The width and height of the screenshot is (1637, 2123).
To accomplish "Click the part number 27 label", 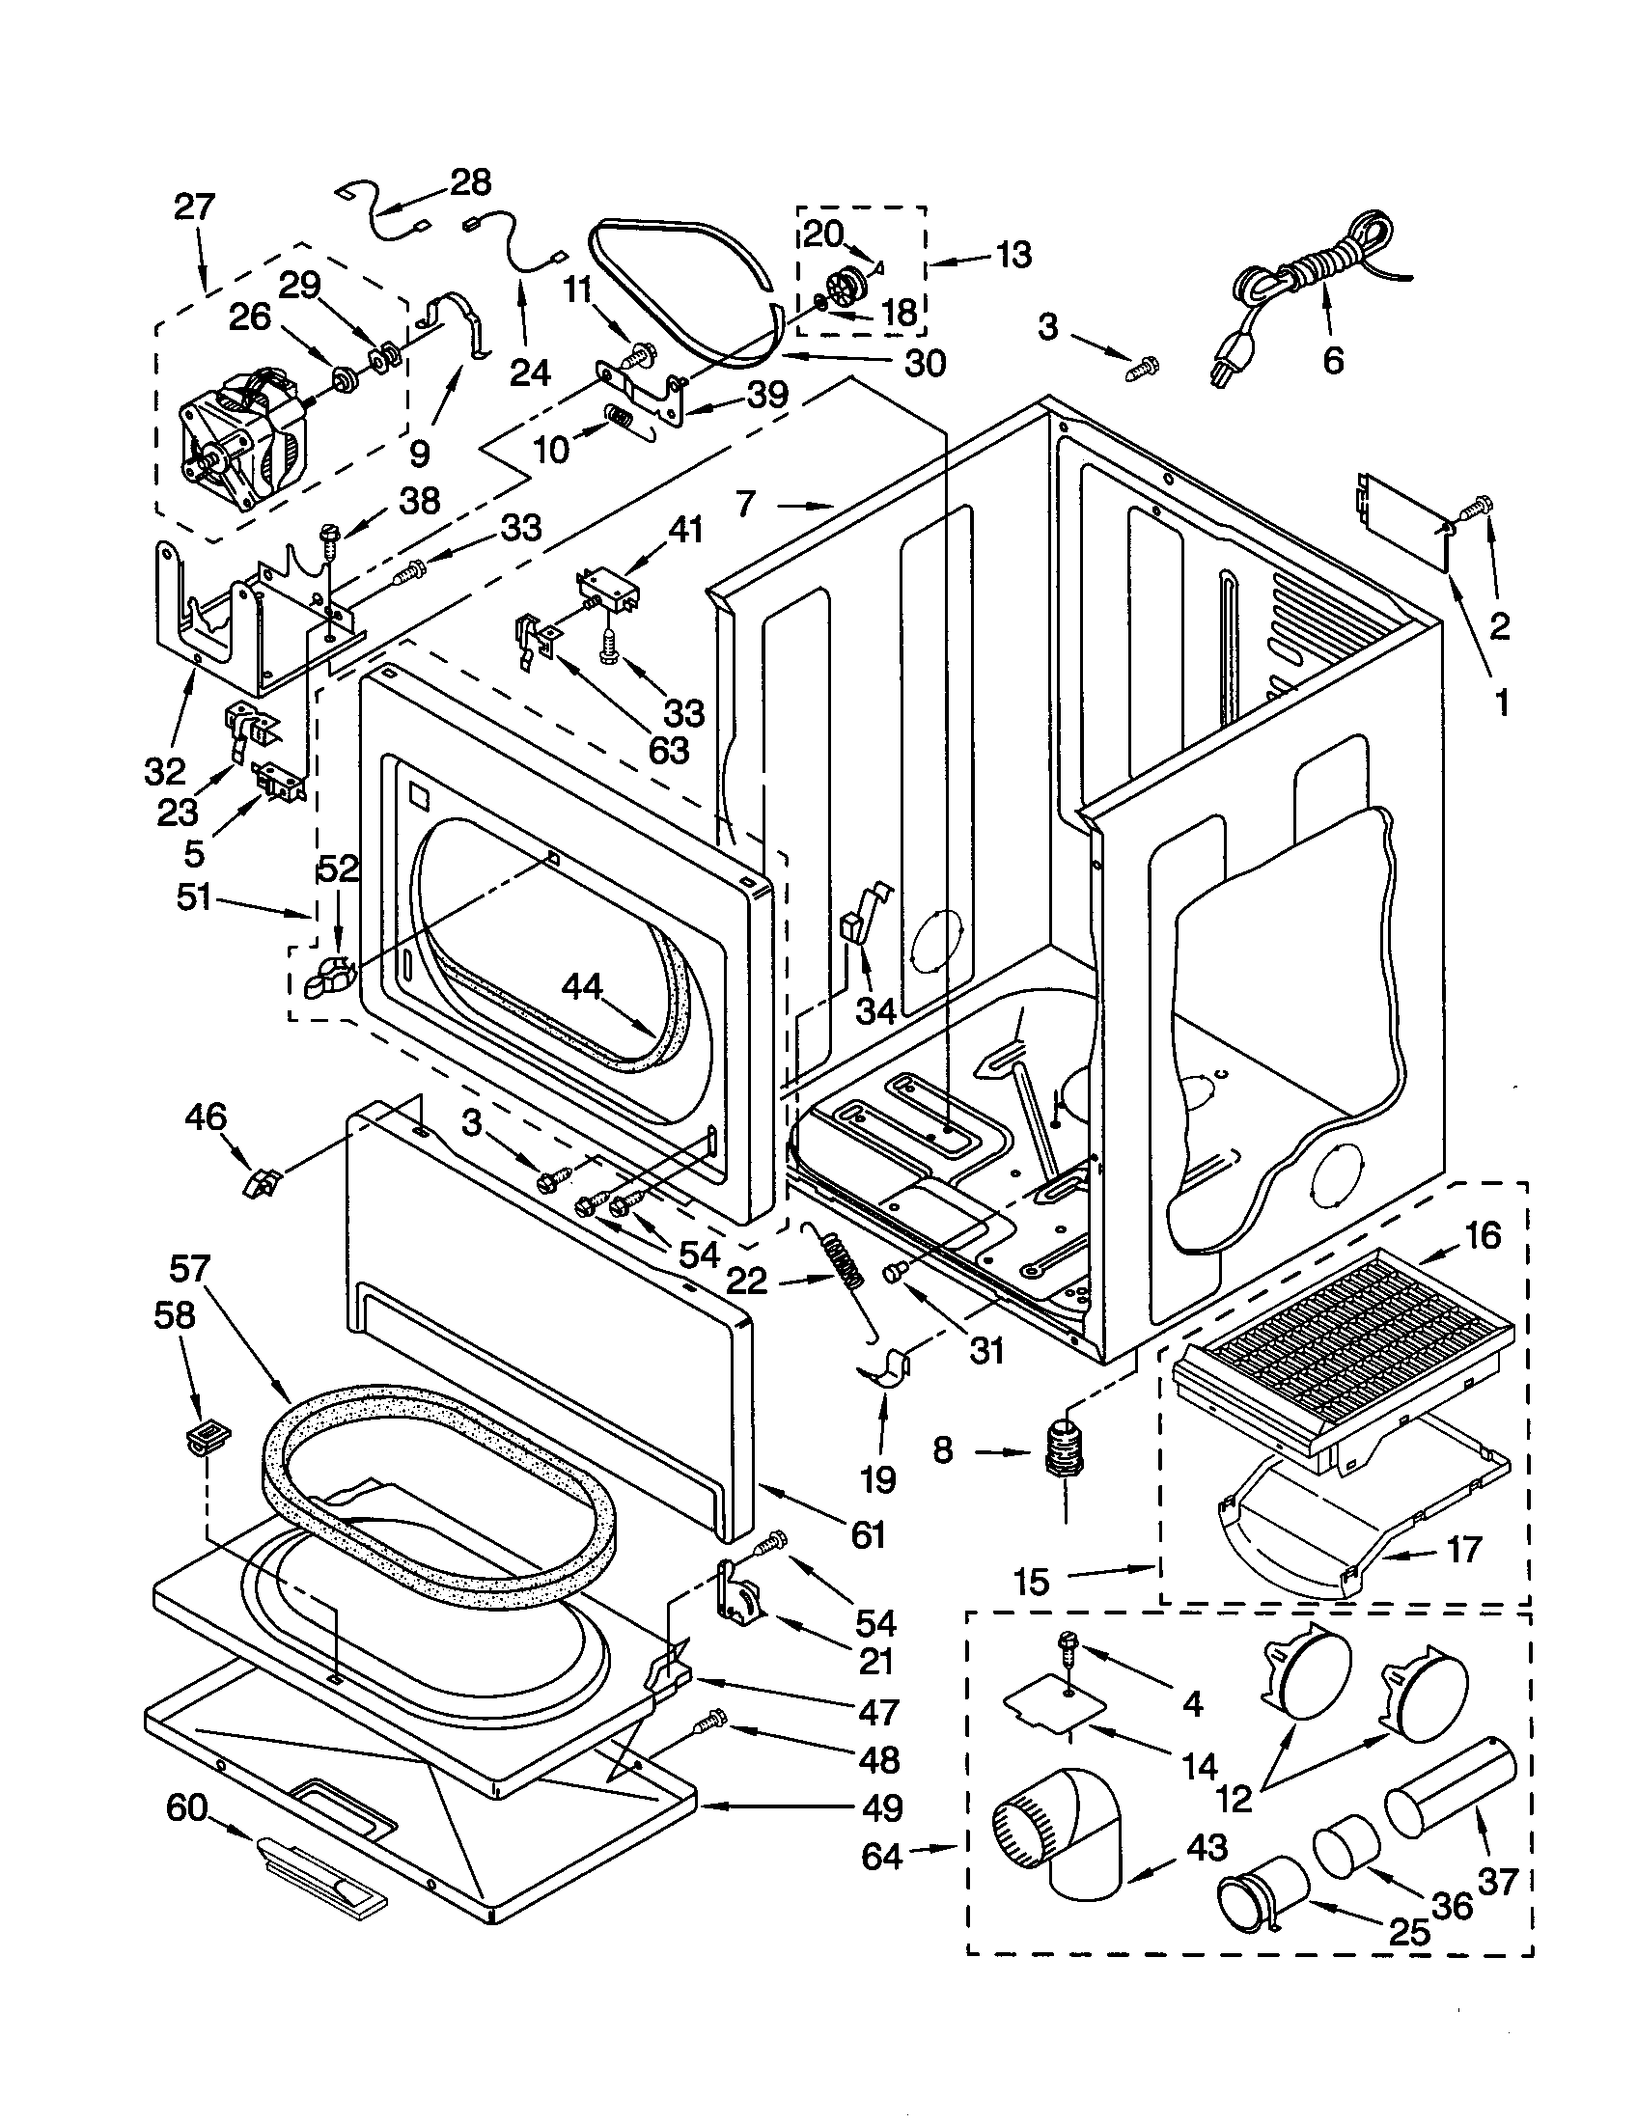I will (x=194, y=207).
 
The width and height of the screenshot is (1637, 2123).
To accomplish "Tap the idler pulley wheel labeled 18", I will (x=848, y=288).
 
